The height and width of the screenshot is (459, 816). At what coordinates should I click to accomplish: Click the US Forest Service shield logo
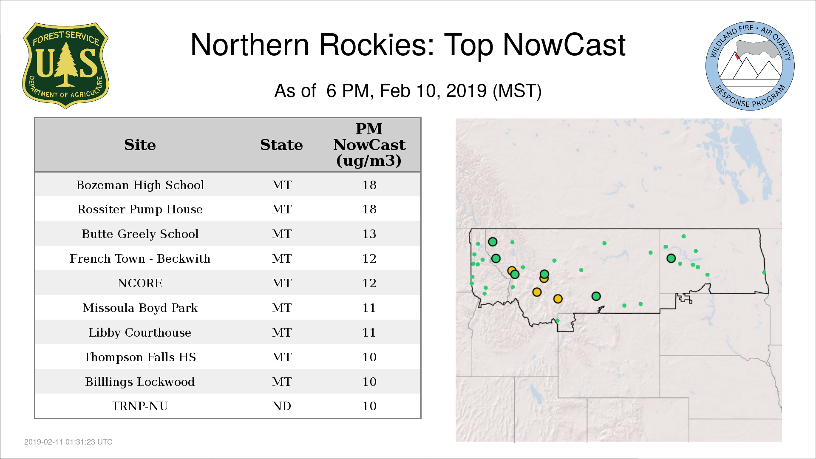65,65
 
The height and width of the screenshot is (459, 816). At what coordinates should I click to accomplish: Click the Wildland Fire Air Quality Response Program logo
750,66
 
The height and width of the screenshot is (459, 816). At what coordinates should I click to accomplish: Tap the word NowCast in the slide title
564,45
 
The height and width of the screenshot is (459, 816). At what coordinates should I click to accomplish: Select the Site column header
140,145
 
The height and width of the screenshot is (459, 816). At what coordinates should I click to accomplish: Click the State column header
281,145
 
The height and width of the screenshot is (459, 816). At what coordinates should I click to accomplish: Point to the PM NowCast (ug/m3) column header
369,145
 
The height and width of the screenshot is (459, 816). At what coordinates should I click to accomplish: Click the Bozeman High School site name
140,185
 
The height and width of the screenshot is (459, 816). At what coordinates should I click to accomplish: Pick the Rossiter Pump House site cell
140,209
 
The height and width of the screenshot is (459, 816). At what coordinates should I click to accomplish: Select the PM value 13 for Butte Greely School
369,234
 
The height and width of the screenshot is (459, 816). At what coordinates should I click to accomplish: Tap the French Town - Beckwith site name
140,258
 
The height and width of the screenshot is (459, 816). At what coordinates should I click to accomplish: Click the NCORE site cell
140,283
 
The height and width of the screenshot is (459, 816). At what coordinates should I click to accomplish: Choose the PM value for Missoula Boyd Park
369,308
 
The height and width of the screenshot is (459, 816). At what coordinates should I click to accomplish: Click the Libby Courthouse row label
140,332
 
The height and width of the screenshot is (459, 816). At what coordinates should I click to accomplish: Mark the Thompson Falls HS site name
140,357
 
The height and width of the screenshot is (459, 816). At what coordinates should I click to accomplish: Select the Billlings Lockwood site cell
140,382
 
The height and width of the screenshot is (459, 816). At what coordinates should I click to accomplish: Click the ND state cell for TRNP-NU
281,406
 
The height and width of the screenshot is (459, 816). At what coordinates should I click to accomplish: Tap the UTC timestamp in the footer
68,442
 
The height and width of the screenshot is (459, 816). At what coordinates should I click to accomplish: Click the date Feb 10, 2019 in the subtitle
433,91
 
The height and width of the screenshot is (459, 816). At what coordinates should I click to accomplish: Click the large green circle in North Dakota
671,258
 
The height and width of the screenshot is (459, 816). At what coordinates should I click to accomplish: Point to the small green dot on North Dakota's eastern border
764,272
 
